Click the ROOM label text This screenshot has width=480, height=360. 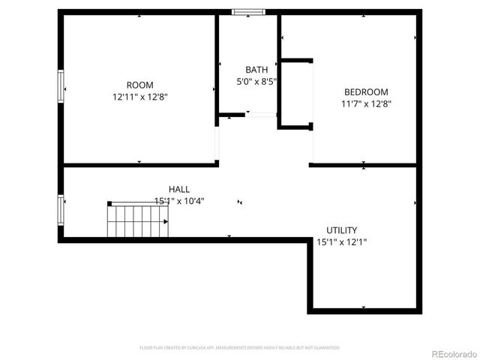(139, 85)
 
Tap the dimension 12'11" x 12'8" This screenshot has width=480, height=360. (139, 97)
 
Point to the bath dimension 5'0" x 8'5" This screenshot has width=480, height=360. (253, 82)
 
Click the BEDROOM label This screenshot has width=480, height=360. (365, 92)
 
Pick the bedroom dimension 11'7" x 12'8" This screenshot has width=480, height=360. (365, 104)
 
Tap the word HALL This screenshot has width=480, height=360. (179, 189)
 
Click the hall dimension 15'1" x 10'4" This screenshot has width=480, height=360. (179, 201)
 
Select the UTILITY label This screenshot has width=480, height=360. (341, 230)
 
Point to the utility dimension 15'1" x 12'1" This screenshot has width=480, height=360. (341, 242)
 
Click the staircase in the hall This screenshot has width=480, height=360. (138, 220)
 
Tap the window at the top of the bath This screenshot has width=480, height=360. (247, 12)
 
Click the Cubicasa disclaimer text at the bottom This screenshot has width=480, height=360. (240, 348)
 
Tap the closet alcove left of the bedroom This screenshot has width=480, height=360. (295, 93)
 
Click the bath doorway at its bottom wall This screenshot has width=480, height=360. (262, 115)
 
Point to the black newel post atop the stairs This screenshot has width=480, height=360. (109, 203)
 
